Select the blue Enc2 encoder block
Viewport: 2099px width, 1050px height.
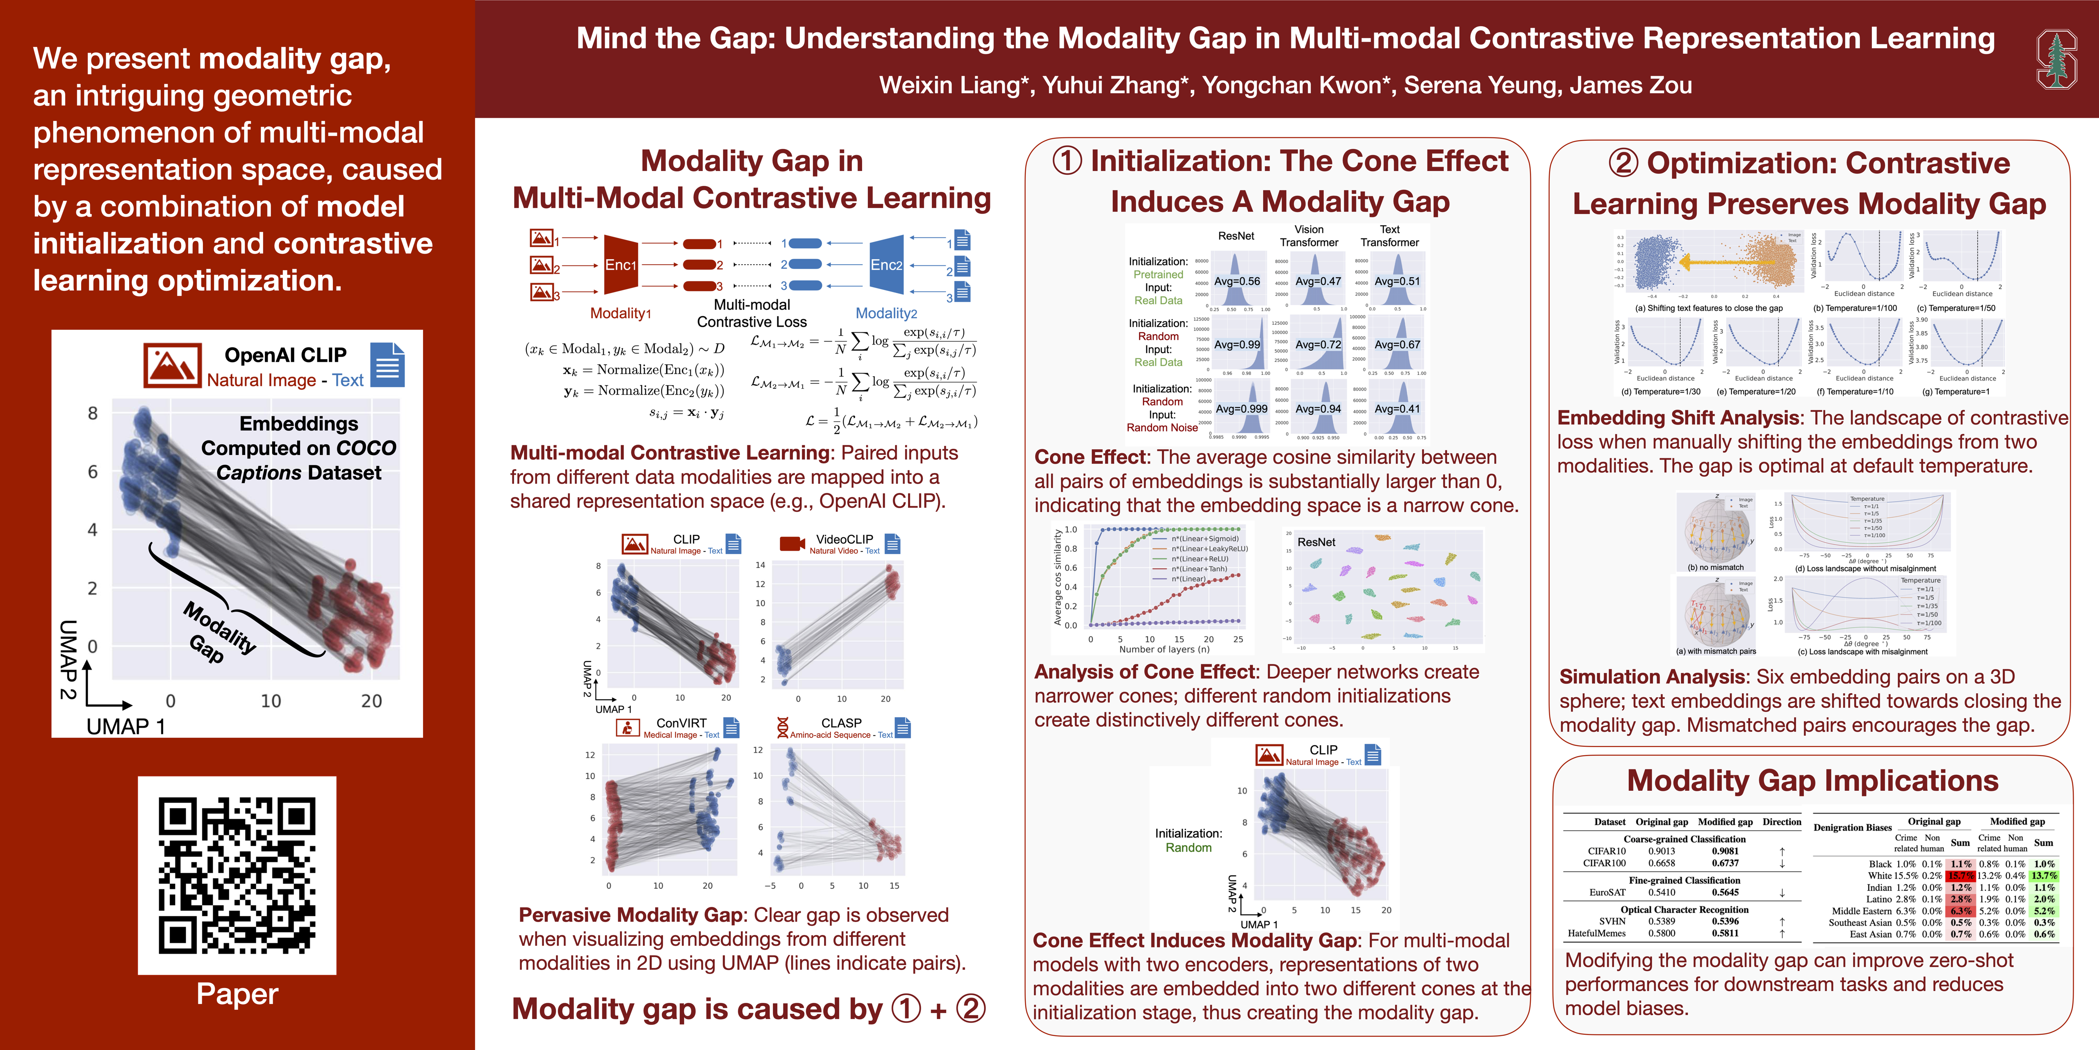click(x=886, y=265)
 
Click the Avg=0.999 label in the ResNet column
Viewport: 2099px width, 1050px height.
click(x=1241, y=409)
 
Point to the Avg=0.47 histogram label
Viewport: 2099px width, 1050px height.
click(x=1318, y=281)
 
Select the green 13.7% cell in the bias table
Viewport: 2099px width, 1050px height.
click(x=2044, y=876)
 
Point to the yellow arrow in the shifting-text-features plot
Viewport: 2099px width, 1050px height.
click(x=1728, y=262)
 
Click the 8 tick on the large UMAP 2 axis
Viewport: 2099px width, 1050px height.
click(x=93, y=413)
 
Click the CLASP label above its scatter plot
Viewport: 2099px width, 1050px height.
click(x=841, y=723)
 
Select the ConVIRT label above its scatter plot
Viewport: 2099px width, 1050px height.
click(x=681, y=723)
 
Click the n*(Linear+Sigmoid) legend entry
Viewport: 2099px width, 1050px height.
click(x=1204, y=539)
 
